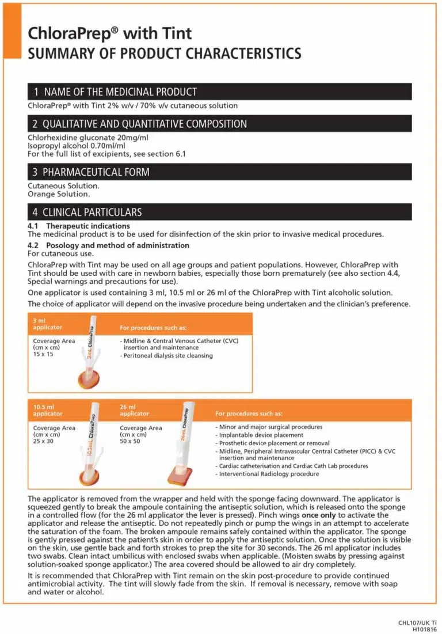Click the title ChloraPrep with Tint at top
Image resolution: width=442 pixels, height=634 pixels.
[x=110, y=34]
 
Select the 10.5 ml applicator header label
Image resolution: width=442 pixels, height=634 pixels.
[x=48, y=410]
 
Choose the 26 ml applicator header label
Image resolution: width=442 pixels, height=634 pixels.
[x=135, y=410]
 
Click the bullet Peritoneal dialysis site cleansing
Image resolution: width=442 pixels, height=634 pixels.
[x=167, y=356]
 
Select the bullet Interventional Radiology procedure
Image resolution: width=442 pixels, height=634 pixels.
[x=268, y=474]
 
